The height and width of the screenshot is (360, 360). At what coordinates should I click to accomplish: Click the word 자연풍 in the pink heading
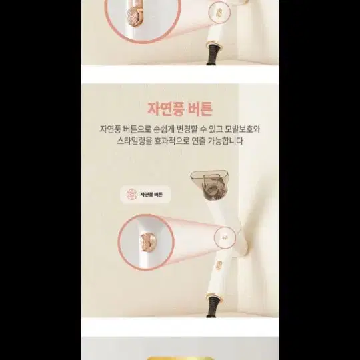165,109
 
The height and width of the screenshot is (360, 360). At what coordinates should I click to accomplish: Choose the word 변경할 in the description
187,129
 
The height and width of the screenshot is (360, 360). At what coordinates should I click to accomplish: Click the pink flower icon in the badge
132,195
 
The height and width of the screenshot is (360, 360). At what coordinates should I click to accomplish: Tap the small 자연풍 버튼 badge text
151,195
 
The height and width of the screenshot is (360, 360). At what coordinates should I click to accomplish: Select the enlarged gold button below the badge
148,242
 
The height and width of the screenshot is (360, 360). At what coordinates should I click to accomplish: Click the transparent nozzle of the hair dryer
209,181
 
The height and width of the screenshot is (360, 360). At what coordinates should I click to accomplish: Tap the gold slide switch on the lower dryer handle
219,265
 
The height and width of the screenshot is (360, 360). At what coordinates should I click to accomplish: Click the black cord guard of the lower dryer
213,307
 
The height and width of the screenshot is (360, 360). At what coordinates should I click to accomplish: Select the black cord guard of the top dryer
213,54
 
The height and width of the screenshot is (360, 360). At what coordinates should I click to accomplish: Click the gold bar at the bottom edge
180,359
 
